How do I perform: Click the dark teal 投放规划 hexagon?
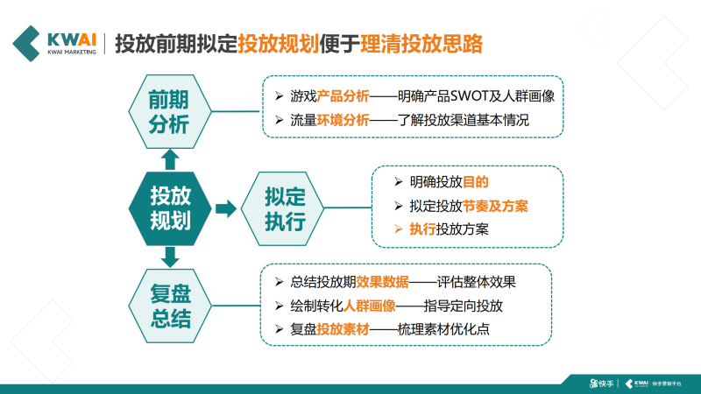(170, 208)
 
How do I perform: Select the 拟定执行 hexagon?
(272, 208)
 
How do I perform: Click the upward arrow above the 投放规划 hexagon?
(170, 158)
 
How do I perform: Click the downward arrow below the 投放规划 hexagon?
(170, 256)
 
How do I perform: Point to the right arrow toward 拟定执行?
(225, 208)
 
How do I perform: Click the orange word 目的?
(475, 182)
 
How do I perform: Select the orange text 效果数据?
(383, 282)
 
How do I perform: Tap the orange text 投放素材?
(344, 330)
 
